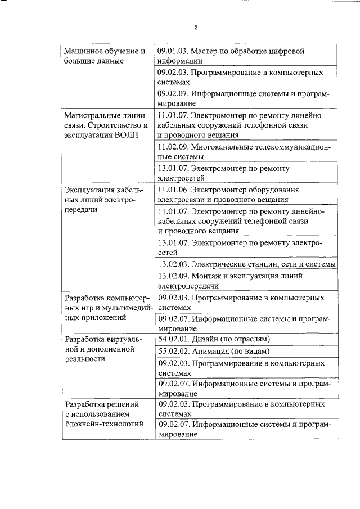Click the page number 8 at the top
(196, 27)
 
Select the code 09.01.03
(173, 51)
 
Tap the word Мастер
(204, 51)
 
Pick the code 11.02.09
(173, 147)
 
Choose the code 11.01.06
(173, 190)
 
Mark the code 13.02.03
(173, 264)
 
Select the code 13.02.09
(173, 276)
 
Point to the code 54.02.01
(173, 339)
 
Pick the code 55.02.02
(173, 351)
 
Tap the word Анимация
(209, 351)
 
